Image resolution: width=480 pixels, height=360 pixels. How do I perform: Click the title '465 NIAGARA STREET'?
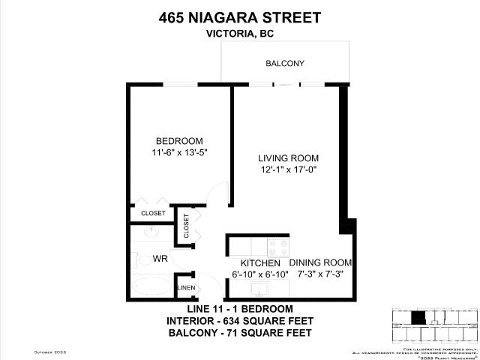[x=240, y=17]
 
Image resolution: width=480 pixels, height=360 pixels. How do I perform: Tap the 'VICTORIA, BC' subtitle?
[x=240, y=34]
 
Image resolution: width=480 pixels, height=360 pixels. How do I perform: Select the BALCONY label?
[x=284, y=64]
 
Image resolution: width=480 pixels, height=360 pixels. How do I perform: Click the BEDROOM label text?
[x=179, y=141]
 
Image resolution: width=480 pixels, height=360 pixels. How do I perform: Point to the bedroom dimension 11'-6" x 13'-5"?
[x=179, y=153]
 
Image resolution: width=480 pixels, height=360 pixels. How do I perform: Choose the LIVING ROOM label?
[x=288, y=158]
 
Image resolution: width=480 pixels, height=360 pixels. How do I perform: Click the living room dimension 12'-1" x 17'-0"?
[x=288, y=170]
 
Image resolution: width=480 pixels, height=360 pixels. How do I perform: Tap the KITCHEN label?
[x=260, y=263]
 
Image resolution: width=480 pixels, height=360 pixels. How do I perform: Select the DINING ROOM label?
[x=320, y=262]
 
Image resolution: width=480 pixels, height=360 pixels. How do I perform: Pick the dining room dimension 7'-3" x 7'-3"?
[x=320, y=274]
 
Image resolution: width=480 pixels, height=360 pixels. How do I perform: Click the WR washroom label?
[x=160, y=259]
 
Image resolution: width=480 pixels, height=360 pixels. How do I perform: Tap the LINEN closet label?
[x=186, y=288]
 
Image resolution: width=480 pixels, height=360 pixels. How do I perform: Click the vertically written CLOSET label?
[x=186, y=226]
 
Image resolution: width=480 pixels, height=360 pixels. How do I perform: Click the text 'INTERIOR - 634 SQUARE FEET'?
[x=239, y=321]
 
